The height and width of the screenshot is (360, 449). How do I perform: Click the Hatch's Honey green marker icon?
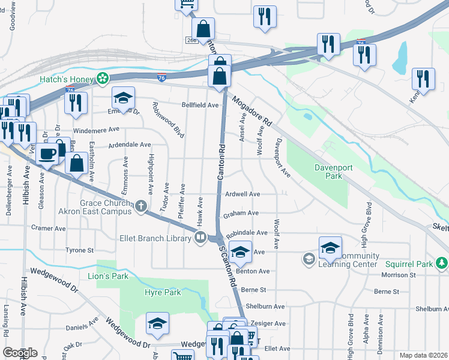click(x=103, y=79)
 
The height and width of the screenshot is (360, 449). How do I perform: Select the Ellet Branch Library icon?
click(x=200, y=238)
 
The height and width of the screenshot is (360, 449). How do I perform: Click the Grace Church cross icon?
click(x=141, y=207)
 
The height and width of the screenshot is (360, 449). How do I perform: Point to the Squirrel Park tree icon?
click(x=442, y=263)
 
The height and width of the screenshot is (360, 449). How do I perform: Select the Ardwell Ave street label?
click(x=242, y=194)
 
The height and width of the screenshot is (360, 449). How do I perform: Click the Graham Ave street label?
click(x=240, y=213)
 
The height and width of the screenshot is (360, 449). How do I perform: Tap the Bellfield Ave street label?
click(x=200, y=104)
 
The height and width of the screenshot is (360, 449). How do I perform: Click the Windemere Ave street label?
click(x=96, y=130)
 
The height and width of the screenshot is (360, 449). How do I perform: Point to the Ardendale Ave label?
click(x=129, y=145)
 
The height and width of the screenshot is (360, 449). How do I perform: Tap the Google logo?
click(x=19, y=352)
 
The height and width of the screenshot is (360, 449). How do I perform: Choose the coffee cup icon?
click(x=47, y=153)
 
